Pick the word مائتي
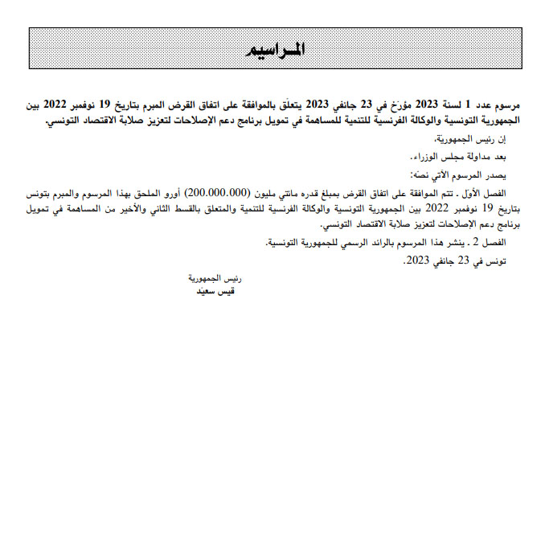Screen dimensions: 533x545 [x=297, y=195]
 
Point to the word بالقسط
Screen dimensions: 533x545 [x=215, y=209]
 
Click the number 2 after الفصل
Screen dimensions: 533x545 [x=479, y=242]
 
